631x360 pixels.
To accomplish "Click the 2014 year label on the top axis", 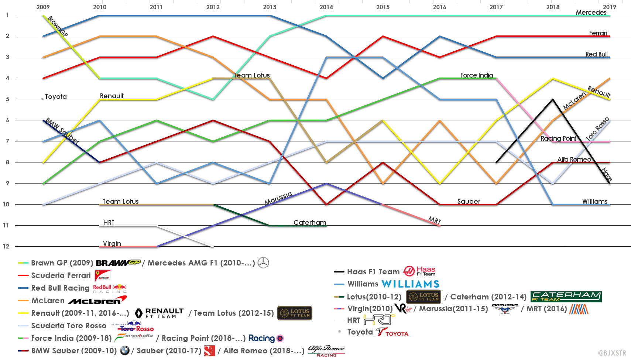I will click(x=326, y=7).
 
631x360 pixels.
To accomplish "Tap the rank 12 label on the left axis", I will click(x=6, y=246).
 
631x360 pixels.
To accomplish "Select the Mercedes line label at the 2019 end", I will click(x=591, y=13).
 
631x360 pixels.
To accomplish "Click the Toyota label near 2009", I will click(x=56, y=97).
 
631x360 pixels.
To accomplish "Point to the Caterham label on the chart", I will click(x=310, y=223).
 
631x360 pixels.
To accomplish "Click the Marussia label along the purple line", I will click(x=278, y=198).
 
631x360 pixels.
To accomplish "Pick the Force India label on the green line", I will click(x=476, y=75).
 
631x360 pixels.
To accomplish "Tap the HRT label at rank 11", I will click(x=109, y=223).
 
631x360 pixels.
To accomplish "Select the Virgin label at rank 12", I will click(x=112, y=244).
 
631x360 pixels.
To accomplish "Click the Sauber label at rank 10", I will click(x=469, y=202).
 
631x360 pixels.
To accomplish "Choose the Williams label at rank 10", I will click(x=594, y=202).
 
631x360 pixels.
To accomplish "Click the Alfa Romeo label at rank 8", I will click(x=574, y=160).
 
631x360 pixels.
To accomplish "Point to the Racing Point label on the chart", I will click(x=558, y=138).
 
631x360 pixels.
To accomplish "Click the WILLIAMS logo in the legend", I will click(x=410, y=284).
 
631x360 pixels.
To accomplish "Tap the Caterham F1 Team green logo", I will click(x=566, y=296).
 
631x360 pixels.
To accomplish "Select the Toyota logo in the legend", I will click(x=392, y=332).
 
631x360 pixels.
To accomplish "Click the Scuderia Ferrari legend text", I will click(x=61, y=275).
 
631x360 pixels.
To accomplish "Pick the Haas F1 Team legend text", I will click(x=373, y=272).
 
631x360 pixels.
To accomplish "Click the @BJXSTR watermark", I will click(x=612, y=353).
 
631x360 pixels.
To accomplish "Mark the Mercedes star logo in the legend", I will click(x=263, y=263).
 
